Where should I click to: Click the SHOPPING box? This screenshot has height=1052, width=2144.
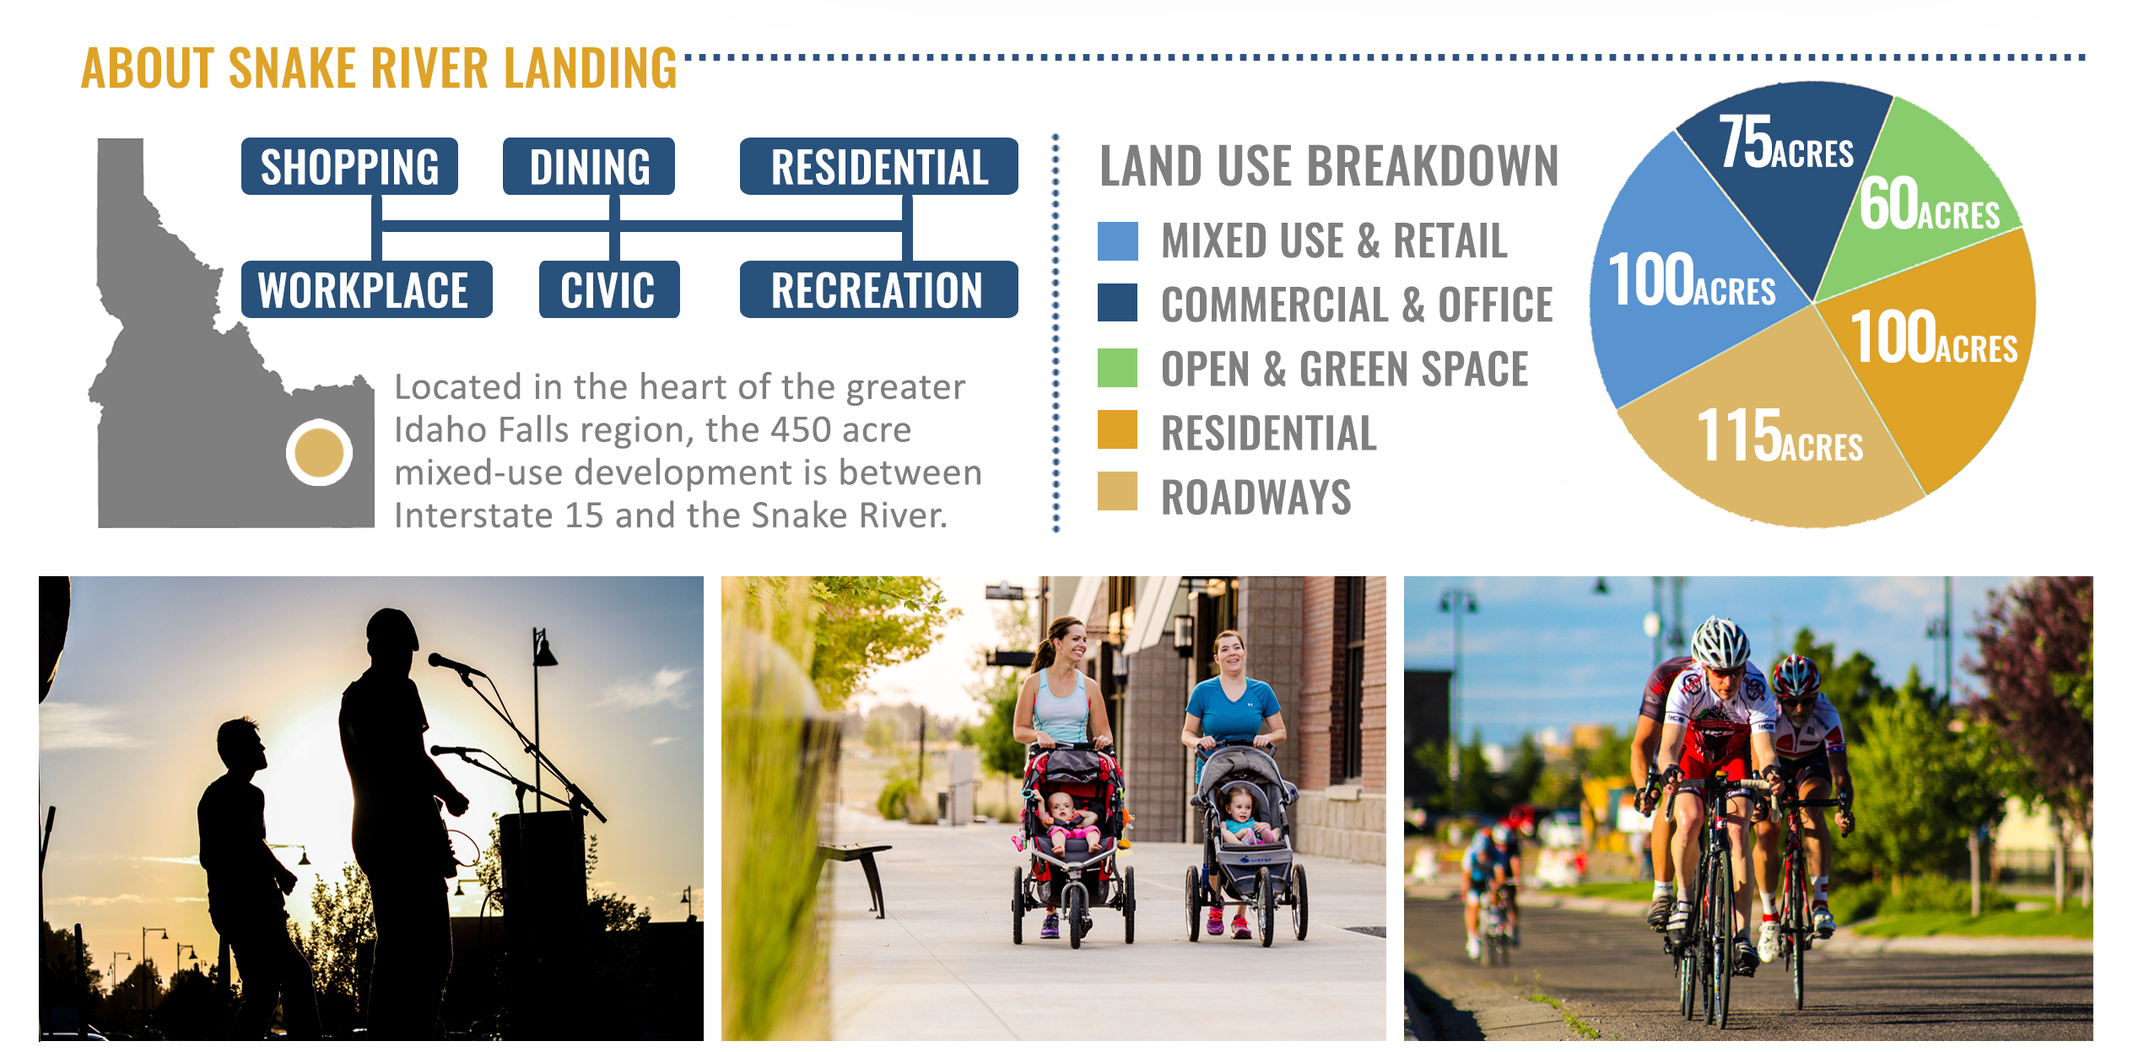pos(349,166)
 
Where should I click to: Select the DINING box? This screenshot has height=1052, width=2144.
pos(589,166)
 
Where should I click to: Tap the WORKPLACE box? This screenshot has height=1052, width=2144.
pos(366,289)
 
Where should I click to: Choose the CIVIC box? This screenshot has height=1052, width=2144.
pos(609,289)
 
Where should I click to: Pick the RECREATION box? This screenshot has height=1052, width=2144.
pos(878,289)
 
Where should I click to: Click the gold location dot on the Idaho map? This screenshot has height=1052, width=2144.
pos(319,452)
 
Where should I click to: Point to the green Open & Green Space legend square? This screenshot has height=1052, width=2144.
pos(1117,367)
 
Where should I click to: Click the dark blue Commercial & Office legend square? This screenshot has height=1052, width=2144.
pos(1117,302)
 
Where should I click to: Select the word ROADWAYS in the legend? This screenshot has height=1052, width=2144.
pos(1256,497)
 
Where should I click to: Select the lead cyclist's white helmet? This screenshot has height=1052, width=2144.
pos(1721,641)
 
